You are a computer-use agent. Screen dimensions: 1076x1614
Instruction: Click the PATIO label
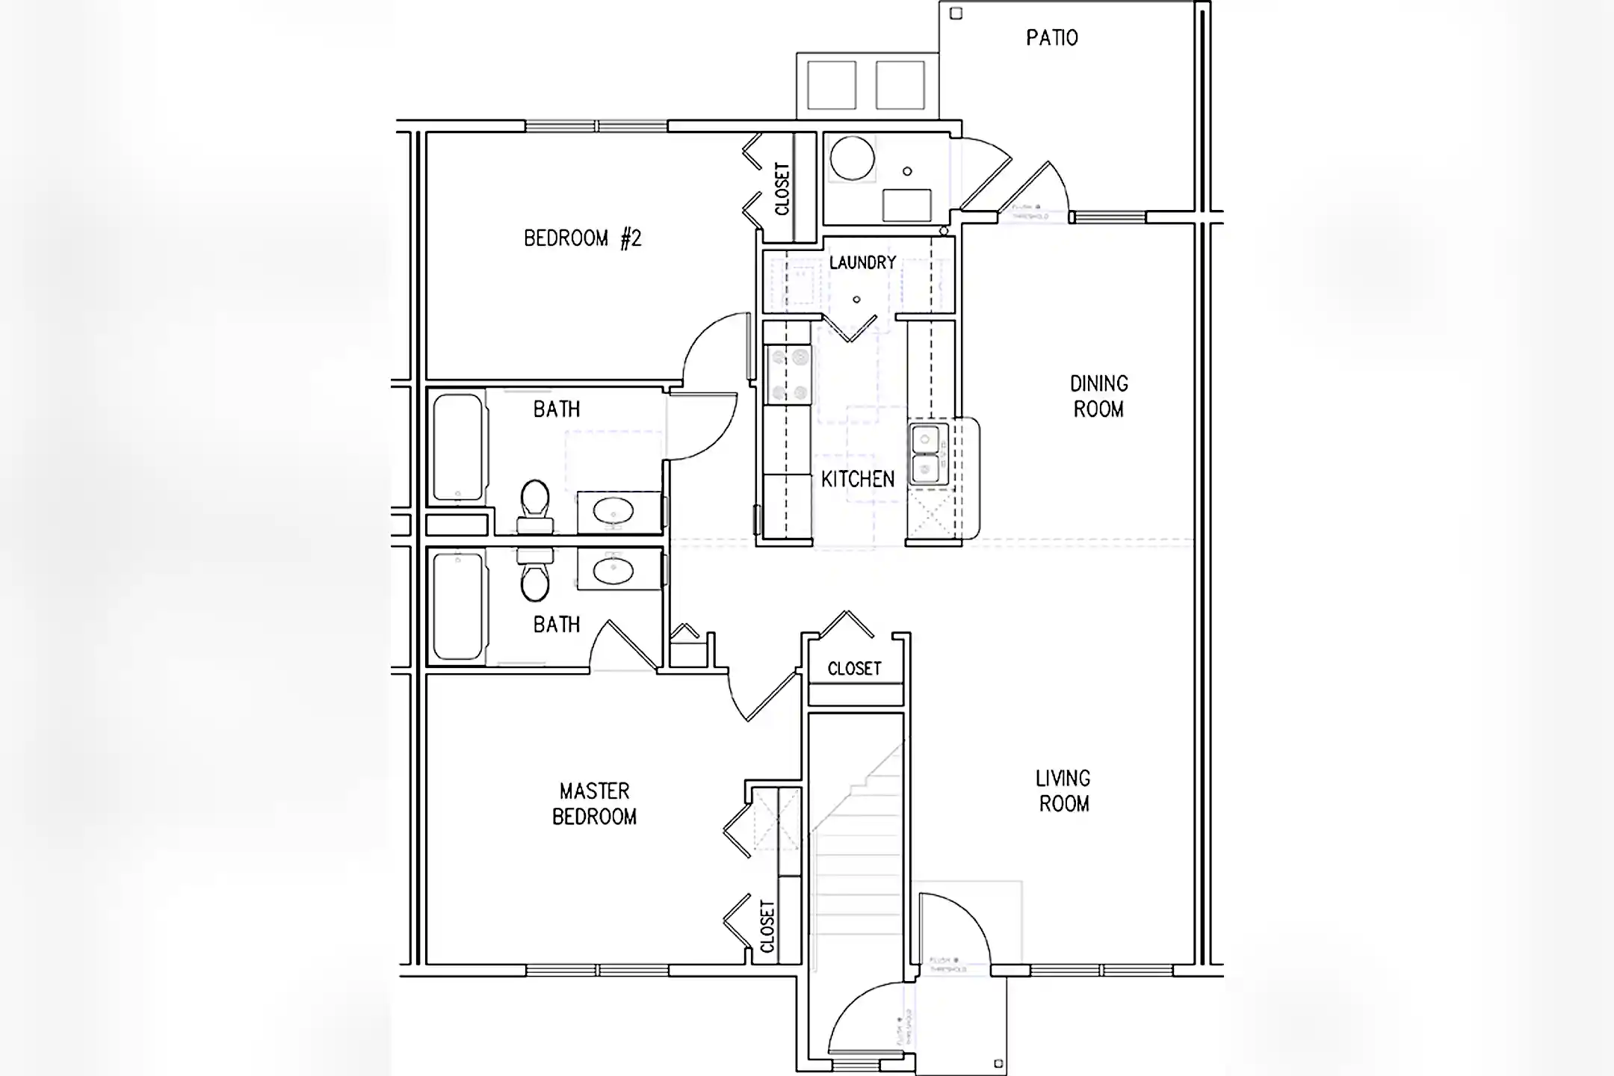point(1051,37)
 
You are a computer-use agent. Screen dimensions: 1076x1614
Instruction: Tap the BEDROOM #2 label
point(582,238)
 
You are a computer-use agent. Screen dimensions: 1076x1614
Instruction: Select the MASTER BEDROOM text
point(594,803)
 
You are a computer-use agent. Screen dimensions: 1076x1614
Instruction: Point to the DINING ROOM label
point(1098,396)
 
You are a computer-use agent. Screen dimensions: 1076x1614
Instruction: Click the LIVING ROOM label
point(1063,791)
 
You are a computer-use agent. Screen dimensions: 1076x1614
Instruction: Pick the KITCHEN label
point(857,479)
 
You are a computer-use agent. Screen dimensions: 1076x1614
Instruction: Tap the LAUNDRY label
point(862,262)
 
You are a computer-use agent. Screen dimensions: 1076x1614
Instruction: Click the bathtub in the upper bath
point(458,447)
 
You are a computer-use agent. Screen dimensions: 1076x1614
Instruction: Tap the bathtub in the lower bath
point(458,605)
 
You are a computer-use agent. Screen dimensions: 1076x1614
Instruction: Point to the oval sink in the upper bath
point(613,512)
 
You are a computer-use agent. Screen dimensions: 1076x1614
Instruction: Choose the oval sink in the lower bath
point(613,572)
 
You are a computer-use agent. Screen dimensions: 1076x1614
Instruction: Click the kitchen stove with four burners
point(788,374)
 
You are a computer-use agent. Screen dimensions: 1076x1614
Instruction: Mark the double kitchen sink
point(928,454)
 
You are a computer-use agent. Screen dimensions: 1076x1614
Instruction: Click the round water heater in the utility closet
point(852,158)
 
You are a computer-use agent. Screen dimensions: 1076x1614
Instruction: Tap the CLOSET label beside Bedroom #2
point(782,188)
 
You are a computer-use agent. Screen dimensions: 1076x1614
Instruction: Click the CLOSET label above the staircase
point(854,669)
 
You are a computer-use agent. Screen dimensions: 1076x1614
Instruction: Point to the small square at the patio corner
point(956,13)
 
